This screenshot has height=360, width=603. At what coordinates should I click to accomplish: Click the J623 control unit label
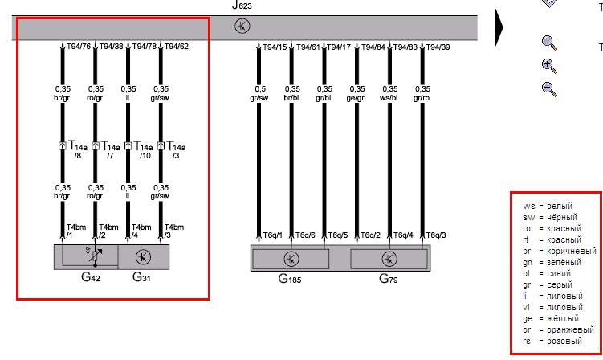click(x=242, y=5)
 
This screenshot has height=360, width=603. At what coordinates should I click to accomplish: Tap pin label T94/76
click(x=79, y=46)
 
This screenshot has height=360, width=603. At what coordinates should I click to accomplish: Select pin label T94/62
click(x=177, y=46)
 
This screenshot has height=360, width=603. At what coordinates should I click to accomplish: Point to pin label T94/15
click(x=275, y=47)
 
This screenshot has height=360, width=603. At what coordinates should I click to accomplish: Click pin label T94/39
click(x=438, y=47)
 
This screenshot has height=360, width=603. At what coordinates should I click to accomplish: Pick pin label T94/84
click(x=373, y=47)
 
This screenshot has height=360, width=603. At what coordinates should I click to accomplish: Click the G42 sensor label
click(x=91, y=277)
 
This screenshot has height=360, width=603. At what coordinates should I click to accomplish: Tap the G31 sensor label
click(x=141, y=277)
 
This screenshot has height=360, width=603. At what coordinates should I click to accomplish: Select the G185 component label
click(x=290, y=278)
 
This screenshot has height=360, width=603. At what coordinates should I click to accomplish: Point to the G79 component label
click(x=389, y=278)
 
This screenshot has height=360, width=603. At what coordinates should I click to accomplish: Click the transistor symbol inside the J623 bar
click(x=242, y=26)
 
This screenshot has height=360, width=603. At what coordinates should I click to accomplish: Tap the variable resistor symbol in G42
click(x=95, y=256)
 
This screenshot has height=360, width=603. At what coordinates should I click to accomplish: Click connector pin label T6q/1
click(x=273, y=235)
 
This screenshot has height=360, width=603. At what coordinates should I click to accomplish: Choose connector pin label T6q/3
click(x=436, y=235)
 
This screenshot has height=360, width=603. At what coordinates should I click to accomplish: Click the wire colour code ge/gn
click(x=357, y=98)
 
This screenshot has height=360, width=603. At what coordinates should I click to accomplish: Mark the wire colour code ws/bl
click(x=389, y=98)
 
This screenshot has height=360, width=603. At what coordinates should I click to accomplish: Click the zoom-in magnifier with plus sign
click(x=549, y=66)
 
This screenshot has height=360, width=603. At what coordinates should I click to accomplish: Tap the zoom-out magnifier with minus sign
click(x=549, y=89)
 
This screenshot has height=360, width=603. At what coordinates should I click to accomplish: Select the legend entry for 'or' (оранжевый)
click(x=558, y=330)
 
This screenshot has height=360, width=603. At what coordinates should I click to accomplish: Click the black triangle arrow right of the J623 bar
click(x=499, y=27)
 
